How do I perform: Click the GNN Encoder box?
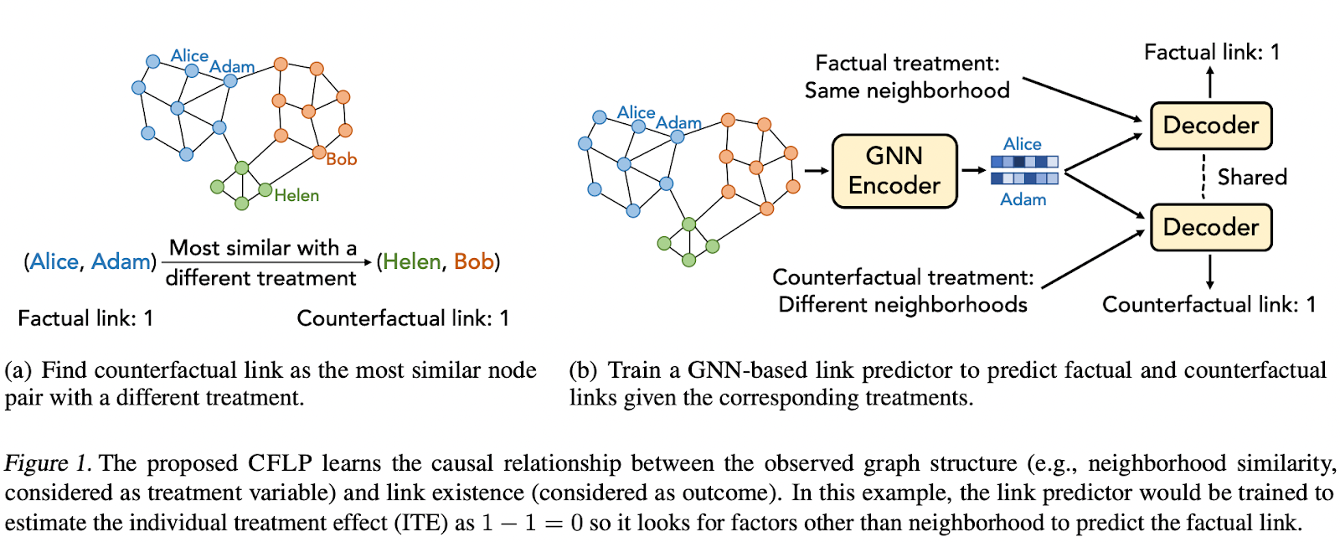tap(894, 171)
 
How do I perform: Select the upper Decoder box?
tap(1210, 126)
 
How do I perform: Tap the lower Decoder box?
tap(1210, 227)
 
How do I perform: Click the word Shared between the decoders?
tap(1251, 178)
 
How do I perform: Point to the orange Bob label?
tap(342, 159)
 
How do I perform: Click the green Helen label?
tap(296, 195)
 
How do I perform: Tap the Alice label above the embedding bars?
tap(1022, 144)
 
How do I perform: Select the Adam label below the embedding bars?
tap(1023, 199)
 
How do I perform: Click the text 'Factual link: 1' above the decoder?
tap(1211, 52)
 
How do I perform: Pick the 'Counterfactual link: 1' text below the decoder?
tap(1208, 304)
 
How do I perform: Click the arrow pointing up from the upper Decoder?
tap(1209, 81)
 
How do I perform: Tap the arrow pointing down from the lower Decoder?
tap(1209, 272)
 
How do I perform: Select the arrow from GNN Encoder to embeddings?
tap(973, 170)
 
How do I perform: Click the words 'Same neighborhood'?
tap(906, 90)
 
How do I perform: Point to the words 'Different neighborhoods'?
tap(902, 304)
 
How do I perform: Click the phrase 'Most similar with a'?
tap(262, 248)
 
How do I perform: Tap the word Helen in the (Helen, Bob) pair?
tap(411, 262)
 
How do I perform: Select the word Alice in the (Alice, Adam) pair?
tap(54, 262)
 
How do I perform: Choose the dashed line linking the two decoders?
tap(1203, 176)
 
